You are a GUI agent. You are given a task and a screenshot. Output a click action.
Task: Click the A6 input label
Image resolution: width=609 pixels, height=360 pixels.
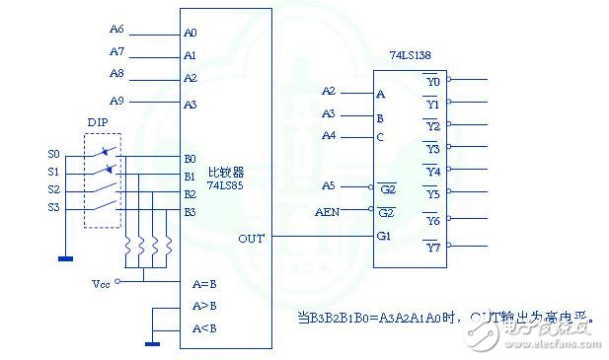tap(116, 30)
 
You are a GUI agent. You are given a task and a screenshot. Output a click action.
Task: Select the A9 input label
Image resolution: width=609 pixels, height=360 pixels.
tap(116, 100)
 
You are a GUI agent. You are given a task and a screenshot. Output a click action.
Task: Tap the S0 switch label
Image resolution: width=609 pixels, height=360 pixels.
tap(53, 154)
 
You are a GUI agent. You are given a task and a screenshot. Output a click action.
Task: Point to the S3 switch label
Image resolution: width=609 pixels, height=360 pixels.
tap(53, 207)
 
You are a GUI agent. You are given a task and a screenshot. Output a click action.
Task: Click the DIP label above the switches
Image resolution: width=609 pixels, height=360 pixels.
tap(98, 122)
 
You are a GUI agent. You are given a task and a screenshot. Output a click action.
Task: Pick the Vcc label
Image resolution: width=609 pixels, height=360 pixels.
tap(101, 283)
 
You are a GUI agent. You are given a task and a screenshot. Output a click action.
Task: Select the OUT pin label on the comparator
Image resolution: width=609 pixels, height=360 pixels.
tap(251, 238)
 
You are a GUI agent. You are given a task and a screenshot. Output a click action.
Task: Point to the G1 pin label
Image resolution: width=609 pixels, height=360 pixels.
tap(385, 236)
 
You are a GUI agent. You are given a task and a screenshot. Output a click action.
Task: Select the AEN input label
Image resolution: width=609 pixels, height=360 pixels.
tap(327, 211)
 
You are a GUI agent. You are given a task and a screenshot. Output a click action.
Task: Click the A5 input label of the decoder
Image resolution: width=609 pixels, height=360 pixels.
tap(329, 185)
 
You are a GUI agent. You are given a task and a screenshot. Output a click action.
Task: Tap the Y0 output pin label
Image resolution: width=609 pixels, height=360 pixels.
tap(433, 81)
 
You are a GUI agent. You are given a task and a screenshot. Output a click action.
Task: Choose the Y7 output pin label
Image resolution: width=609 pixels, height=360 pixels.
tap(433, 246)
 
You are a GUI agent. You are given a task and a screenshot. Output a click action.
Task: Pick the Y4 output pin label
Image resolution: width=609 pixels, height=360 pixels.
tap(433, 172)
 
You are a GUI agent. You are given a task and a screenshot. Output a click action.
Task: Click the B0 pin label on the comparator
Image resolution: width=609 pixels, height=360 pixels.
tap(190, 158)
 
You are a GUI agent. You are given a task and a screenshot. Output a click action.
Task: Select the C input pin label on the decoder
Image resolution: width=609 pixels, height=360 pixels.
tap(380, 137)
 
